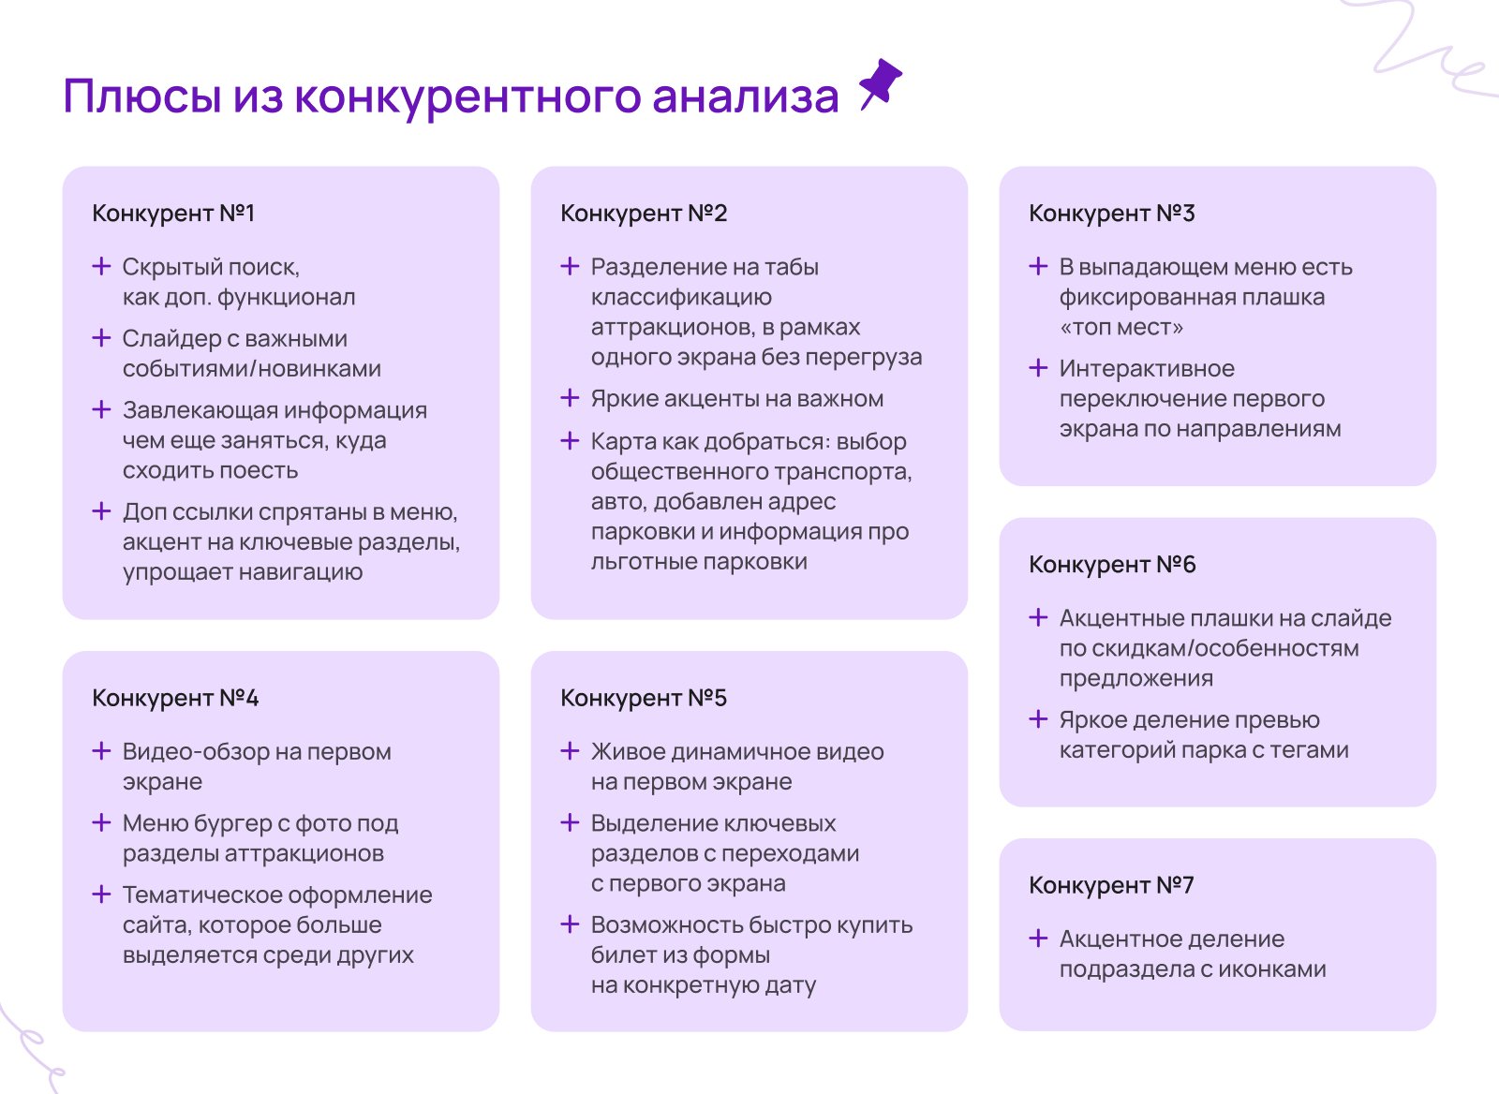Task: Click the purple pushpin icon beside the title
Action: click(882, 83)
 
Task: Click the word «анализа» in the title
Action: click(746, 96)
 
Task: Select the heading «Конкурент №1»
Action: click(173, 213)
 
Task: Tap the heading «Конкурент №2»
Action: click(644, 213)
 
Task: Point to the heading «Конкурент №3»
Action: click(1112, 213)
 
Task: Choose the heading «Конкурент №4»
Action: click(175, 698)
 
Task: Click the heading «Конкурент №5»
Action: click(644, 698)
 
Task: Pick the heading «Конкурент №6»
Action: click(1112, 564)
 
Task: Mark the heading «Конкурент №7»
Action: click(1111, 885)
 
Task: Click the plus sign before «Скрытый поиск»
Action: click(101, 266)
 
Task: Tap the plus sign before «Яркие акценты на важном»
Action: click(570, 398)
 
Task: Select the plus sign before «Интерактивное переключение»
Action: click(1038, 368)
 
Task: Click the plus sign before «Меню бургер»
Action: click(101, 822)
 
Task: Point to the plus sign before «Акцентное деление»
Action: click(1038, 939)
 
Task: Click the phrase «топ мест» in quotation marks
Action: click(1121, 327)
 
